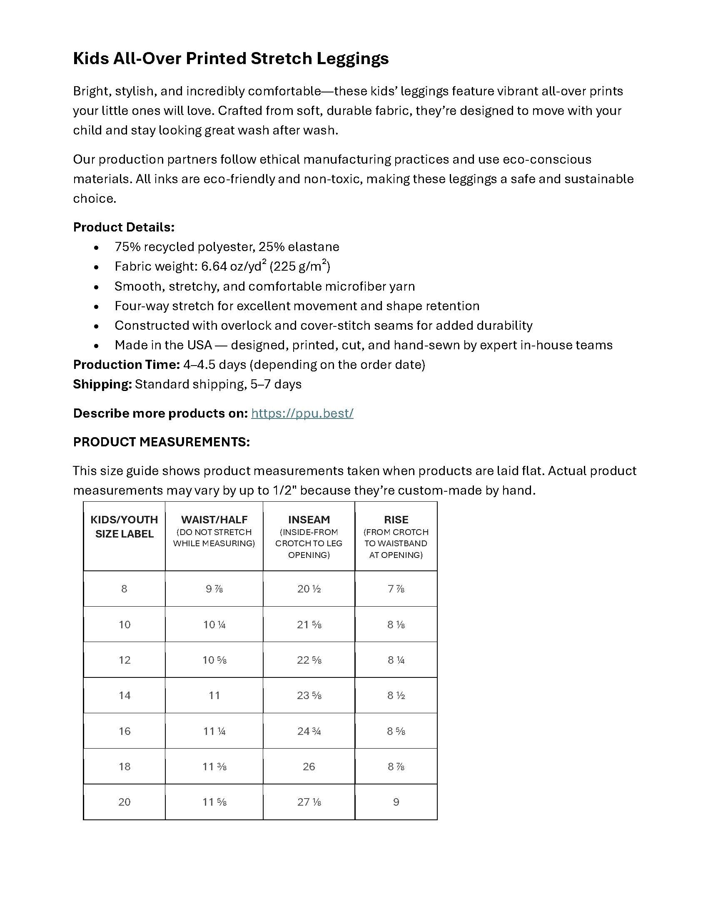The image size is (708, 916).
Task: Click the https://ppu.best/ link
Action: coord(302,413)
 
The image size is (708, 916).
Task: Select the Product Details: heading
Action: coord(124,227)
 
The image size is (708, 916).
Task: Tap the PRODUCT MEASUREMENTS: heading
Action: coord(161,442)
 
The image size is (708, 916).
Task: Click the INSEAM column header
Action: coord(309,520)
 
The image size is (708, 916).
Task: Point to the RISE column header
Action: coord(396,520)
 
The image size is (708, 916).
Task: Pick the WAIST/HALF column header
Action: coord(214,520)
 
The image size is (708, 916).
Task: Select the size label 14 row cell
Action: coord(125,695)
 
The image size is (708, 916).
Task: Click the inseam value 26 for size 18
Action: coord(309,767)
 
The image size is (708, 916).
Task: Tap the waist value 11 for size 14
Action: coord(214,695)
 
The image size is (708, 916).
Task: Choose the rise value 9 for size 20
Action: coord(396,802)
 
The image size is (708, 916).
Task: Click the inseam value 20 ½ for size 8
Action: coord(309,589)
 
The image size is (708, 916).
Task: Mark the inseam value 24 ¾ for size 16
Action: coord(309,731)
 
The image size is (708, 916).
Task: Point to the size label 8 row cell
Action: coord(124,589)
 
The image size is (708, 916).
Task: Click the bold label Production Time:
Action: coord(127,365)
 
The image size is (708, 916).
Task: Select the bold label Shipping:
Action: coord(103,384)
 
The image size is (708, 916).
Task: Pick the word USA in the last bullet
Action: coord(199,345)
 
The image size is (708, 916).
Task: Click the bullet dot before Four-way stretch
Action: coord(97,306)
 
